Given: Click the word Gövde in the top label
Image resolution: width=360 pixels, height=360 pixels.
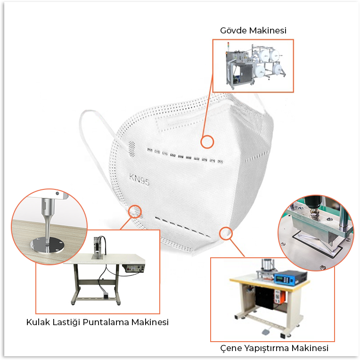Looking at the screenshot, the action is [x=234, y=31].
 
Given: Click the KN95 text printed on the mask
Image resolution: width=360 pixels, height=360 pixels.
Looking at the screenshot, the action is [x=139, y=180].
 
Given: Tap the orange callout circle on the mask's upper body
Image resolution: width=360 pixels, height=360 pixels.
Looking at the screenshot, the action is [x=207, y=142].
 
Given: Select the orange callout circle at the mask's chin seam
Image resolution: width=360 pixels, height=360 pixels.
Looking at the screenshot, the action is [x=226, y=234].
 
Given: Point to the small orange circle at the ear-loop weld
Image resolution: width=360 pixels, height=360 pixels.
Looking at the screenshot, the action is [x=135, y=211].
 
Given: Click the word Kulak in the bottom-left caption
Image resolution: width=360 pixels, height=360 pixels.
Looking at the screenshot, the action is [x=38, y=322].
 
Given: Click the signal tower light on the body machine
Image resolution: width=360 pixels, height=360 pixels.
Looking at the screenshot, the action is [x=228, y=46].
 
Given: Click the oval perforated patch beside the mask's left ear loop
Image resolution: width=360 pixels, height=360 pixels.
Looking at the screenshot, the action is [x=131, y=149].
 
